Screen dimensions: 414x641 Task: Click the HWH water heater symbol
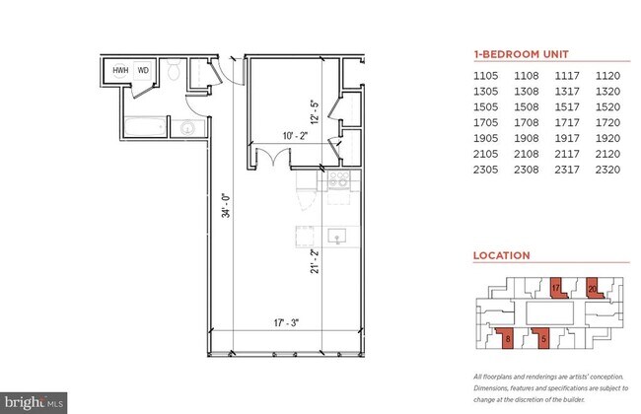pos(120,71)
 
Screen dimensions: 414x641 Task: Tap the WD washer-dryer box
pos(143,71)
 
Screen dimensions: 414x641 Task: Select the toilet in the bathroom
pos(174,72)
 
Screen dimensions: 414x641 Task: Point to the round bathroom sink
pos(186,127)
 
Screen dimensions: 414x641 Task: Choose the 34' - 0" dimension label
pos(225,205)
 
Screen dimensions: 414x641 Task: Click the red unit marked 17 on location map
pos(557,288)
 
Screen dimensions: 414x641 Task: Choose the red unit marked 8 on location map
pos(507,338)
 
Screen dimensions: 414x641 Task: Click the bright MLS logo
pos(36,402)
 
